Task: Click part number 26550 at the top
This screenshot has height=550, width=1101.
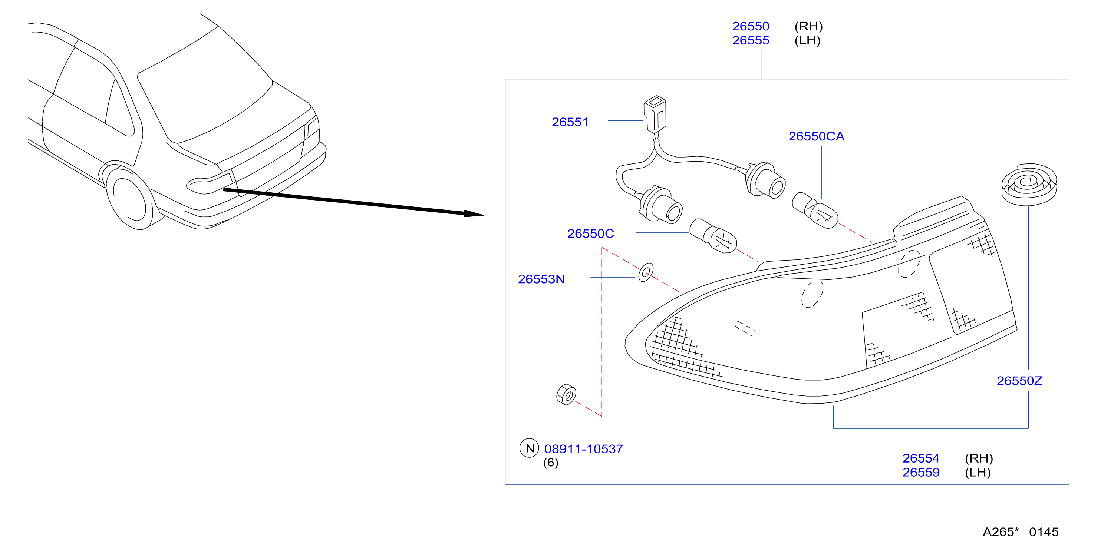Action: click(x=751, y=26)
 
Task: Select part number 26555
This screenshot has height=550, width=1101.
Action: click(x=751, y=40)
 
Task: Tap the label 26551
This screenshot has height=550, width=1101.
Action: click(x=570, y=122)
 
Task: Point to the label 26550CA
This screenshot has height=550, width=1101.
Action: click(x=816, y=136)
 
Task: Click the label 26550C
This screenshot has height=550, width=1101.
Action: click(x=590, y=233)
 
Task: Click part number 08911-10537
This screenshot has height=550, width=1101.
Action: click(x=583, y=449)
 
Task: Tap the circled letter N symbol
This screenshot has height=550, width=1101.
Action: click(x=529, y=448)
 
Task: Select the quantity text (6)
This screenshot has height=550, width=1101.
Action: click(x=550, y=463)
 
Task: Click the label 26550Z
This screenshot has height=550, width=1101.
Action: click(x=1019, y=381)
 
